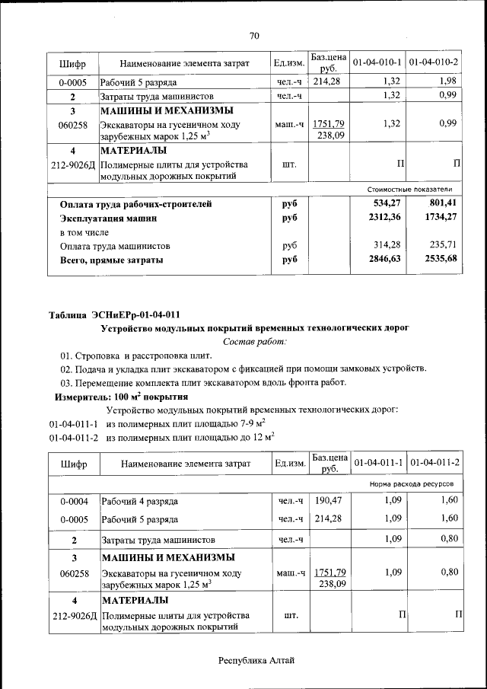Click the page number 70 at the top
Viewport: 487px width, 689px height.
pyautogui.click(x=254, y=35)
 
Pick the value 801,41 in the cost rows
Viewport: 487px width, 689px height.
pyautogui.click(x=442, y=203)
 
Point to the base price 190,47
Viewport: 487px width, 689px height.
pyautogui.click(x=329, y=501)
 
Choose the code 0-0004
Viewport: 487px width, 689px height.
pyautogui.click(x=73, y=501)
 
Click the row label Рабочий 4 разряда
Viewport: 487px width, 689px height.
pyautogui.click(x=140, y=502)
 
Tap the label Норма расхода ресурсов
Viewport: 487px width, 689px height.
pyautogui.click(x=411, y=484)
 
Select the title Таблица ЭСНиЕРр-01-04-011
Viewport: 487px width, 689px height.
pyautogui.click(x=114, y=314)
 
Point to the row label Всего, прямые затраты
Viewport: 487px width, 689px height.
pyautogui.click(x=111, y=260)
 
